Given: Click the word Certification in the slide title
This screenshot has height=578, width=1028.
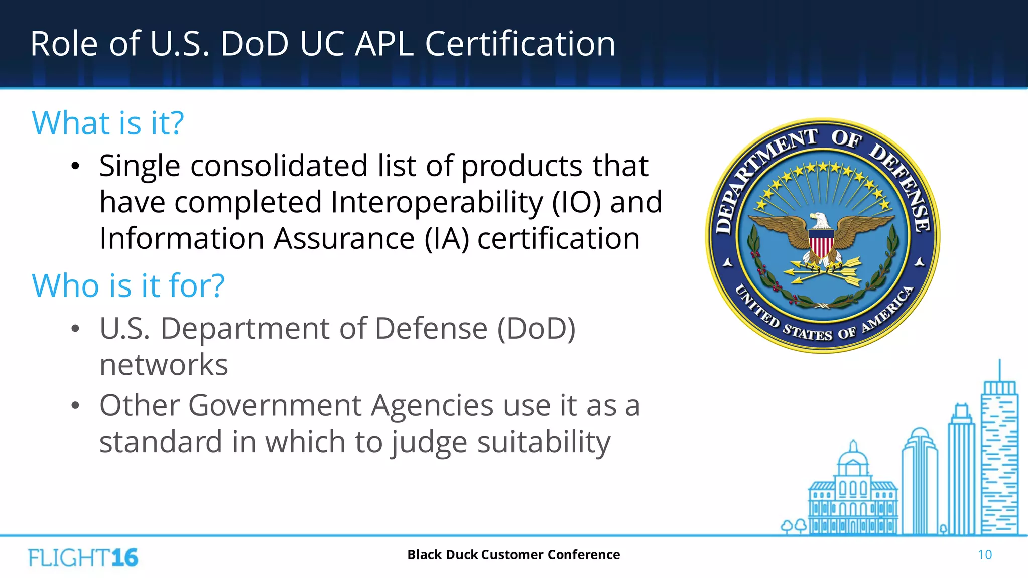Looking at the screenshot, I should tap(520, 44).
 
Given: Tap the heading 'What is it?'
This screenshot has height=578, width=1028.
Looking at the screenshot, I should tap(108, 123).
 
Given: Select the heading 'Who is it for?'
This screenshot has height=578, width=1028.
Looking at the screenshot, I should tap(128, 285).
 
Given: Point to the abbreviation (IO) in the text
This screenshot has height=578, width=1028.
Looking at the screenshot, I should tap(576, 202).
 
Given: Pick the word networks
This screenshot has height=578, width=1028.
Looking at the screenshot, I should tap(164, 365).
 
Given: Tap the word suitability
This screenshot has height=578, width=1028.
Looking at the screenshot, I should tap(544, 442).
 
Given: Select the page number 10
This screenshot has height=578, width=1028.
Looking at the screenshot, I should tap(984, 555).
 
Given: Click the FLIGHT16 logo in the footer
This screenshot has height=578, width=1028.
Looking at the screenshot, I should tap(83, 557).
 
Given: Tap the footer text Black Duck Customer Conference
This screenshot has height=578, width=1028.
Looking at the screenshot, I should tap(513, 555).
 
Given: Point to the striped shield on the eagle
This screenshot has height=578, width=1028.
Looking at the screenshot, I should tap(821, 244).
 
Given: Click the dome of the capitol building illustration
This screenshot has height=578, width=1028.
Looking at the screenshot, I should tap(853, 457).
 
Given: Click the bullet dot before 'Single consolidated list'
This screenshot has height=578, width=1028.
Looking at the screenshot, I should tap(75, 167).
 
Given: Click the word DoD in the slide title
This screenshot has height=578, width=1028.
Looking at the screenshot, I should tap(254, 44).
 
